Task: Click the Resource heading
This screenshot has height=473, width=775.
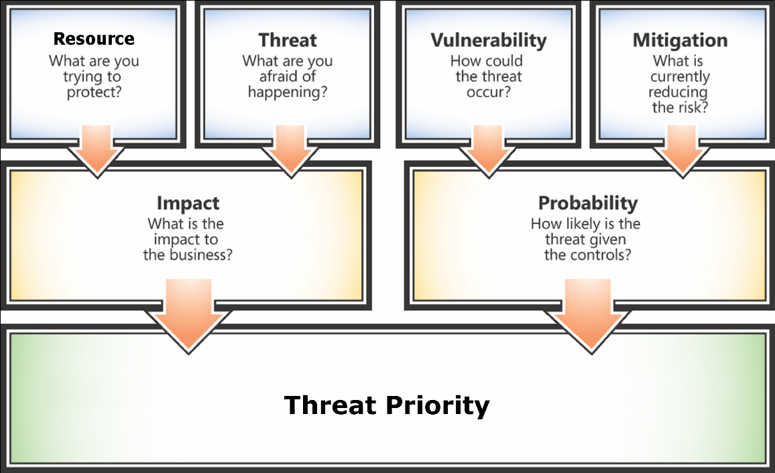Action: [94, 38]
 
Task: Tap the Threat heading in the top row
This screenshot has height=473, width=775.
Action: [288, 40]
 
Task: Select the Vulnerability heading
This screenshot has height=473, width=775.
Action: [489, 40]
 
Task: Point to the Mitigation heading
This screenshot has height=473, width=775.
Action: [680, 40]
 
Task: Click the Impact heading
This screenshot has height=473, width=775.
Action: [188, 204]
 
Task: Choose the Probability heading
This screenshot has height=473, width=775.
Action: [588, 203]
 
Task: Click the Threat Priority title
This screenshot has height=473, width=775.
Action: [387, 405]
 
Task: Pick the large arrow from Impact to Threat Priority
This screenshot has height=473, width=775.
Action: [188, 316]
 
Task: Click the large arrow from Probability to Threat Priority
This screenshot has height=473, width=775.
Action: [591, 316]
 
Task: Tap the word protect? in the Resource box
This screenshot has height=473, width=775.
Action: [94, 92]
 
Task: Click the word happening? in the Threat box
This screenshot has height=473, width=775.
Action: [288, 92]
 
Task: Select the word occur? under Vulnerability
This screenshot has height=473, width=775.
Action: [489, 92]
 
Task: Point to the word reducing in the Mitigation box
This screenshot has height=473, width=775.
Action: [678, 92]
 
